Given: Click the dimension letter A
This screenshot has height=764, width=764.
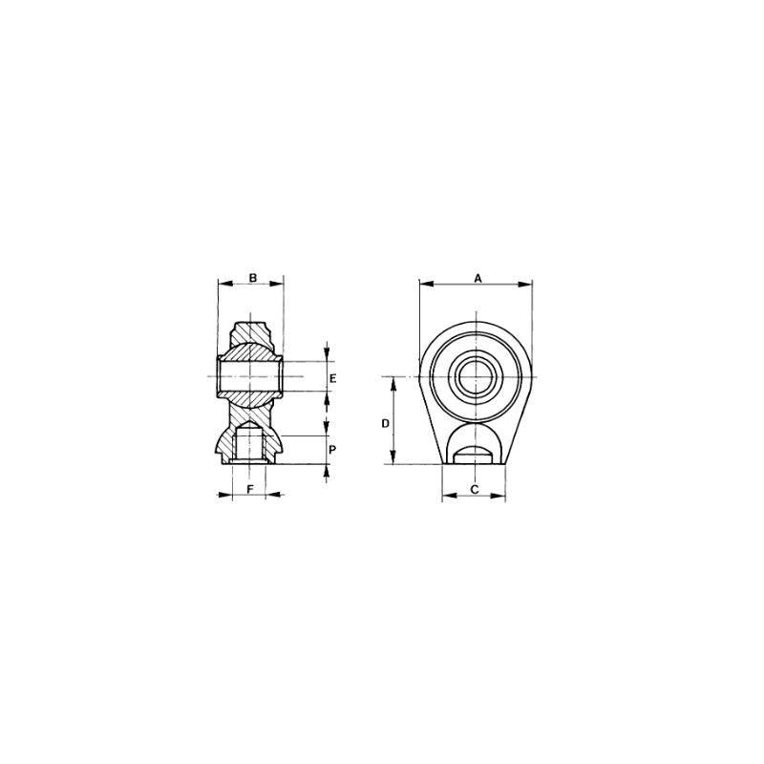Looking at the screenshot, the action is click(x=478, y=278).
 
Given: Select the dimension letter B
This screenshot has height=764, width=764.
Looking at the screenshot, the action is click(x=253, y=278).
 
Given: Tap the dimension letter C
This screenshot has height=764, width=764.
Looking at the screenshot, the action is click(x=475, y=489).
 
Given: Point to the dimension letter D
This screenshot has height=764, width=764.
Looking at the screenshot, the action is click(x=386, y=424).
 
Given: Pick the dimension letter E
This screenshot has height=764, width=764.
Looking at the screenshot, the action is click(x=332, y=378).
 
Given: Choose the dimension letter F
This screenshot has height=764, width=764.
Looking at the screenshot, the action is click(x=250, y=489).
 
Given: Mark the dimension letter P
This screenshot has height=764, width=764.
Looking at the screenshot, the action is click(x=331, y=449).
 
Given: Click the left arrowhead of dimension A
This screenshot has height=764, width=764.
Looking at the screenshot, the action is click(x=426, y=284).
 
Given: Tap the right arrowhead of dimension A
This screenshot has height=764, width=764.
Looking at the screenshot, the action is click(x=525, y=284).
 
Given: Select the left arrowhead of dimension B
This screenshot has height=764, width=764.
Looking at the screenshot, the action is click(x=224, y=283).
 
